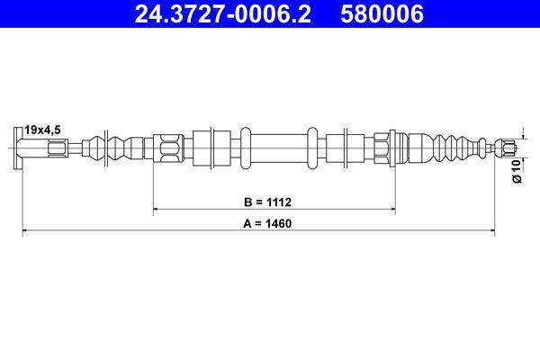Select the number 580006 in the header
tap(379, 13)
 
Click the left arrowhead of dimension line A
tap(26, 232)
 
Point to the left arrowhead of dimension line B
tap(158, 210)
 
